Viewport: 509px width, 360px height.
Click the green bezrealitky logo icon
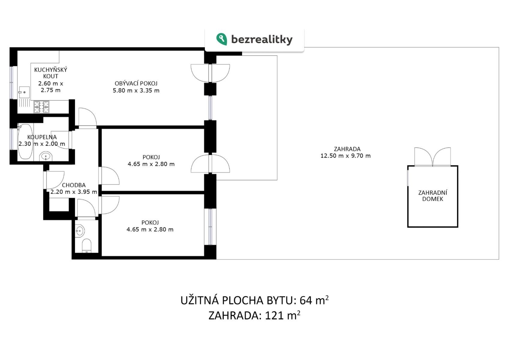(222, 39)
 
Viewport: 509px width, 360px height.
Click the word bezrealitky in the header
(262, 40)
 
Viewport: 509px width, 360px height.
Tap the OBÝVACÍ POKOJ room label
(136, 83)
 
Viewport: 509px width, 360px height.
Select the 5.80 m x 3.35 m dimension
(136, 91)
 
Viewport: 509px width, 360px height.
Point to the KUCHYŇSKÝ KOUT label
(51, 73)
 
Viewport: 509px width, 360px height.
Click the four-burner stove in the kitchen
(41, 107)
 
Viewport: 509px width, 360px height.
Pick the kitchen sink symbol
(24, 92)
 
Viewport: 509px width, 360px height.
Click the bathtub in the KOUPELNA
(25, 141)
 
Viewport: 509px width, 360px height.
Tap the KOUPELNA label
(42, 137)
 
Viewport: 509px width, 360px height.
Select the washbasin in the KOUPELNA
(46, 157)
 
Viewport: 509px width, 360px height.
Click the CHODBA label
(73, 185)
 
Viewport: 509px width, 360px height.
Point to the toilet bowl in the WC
(86, 245)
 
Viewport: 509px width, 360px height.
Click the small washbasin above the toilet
(79, 231)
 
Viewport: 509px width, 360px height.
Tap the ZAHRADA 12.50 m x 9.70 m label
(346, 152)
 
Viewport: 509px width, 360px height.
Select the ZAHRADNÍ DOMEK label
(433, 196)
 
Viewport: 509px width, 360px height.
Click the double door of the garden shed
(433, 157)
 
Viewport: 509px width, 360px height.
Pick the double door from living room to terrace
(210, 73)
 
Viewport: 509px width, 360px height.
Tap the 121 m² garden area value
(283, 316)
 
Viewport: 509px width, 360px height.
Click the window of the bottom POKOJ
(210, 226)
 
